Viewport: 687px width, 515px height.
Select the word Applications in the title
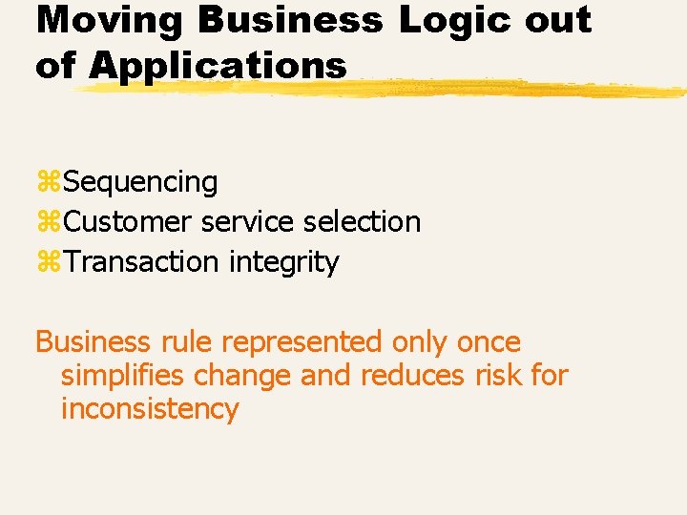(x=219, y=66)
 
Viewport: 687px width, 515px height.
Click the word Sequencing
(x=142, y=181)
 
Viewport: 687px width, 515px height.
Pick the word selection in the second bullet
(x=362, y=222)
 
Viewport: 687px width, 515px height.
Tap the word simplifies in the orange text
(x=124, y=376)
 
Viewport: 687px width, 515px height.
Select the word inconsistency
(x=150, y=409)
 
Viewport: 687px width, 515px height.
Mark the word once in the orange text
(x=488, y=342)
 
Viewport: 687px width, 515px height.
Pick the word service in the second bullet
(x=250, y=222)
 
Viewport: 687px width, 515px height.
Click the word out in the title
(x=558, y=19)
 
